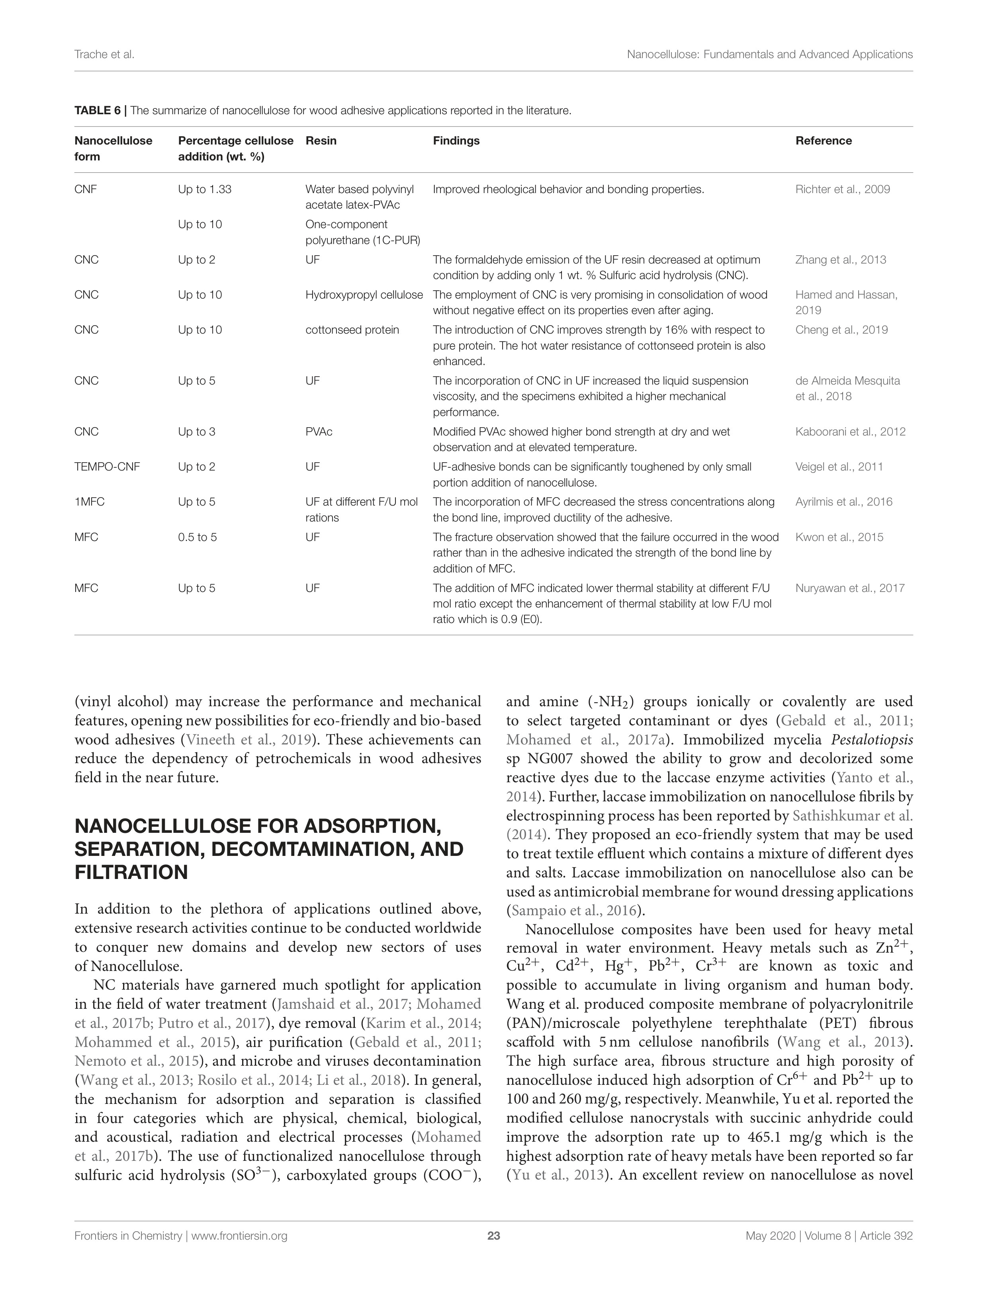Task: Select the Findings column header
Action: [x=456, y=141]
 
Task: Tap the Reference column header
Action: [x=824, y=141]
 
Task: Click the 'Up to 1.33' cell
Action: [x=205, y=189]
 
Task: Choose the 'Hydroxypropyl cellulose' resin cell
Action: [x=364, y=295]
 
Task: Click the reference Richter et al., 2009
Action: [x=842, y=189]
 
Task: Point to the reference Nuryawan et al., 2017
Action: [x=850, y=588]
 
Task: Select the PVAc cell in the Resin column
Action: [x=319, y=432]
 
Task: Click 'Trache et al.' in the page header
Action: [x=104, y=55]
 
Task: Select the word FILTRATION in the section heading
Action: [x=131, y=872]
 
